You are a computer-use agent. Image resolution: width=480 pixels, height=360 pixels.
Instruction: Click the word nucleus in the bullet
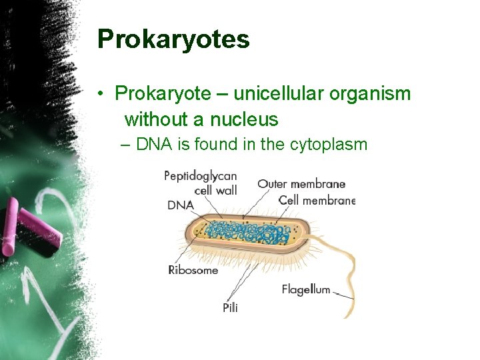(244, 120)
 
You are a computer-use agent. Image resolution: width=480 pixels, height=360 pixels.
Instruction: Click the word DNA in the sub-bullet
(154, 144)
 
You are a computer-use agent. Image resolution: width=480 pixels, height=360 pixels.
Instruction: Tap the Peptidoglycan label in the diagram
(200, 176)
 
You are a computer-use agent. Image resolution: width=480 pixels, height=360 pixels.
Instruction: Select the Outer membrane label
(301, 184)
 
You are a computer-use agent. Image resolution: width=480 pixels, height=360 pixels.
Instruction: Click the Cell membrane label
(317, 199)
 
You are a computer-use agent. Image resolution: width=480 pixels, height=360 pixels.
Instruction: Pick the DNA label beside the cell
(180, 205)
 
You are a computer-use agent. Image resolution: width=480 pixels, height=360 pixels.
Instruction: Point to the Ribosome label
(193, 270)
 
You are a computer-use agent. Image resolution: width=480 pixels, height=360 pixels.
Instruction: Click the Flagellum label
(305, 289)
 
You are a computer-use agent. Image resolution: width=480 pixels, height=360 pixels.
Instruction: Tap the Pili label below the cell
(230, 307)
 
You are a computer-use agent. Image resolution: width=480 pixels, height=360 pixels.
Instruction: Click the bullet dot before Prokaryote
(99, 95)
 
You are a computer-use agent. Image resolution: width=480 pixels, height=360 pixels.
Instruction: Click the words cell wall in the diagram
(215, 191)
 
